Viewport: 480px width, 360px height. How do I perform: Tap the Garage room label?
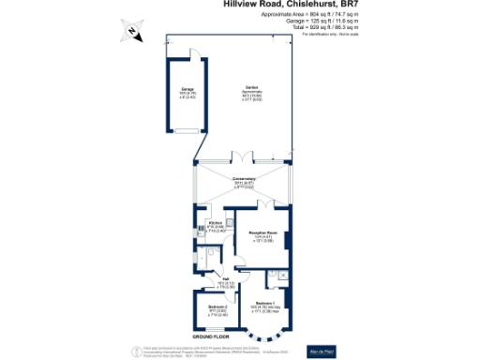(x=187, y=92)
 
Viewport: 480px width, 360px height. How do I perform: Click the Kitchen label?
(x=215, y=224)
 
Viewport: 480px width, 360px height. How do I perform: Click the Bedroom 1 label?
(x=264, y=304)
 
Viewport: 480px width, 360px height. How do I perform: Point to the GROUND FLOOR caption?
(x=212, y=335)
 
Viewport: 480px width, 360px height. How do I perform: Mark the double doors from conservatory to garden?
(x=244, y=156)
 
